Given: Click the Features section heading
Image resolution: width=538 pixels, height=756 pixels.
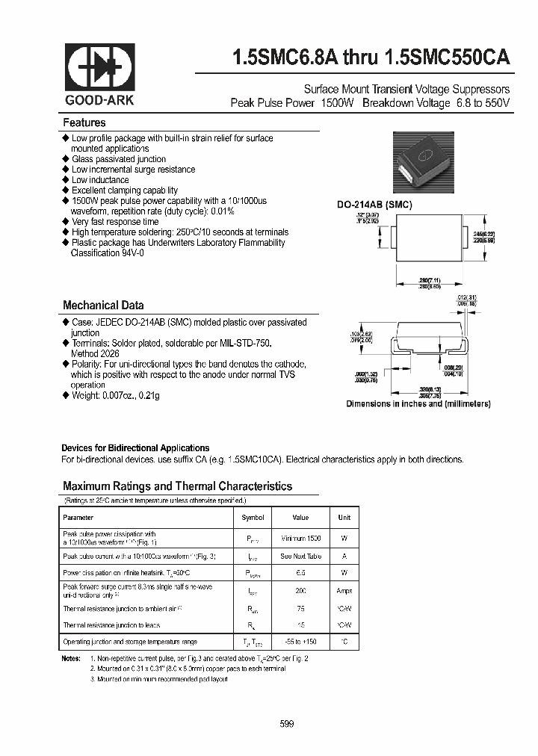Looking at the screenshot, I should tap(84, 123).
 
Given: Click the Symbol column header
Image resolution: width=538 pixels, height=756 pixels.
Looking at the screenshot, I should tap(253, 517).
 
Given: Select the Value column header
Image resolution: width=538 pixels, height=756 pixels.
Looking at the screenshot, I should tap(300, 517).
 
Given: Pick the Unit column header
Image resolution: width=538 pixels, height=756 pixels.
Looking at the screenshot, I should tap(344, 517).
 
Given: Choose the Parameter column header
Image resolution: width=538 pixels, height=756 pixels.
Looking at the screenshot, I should tap(78, 517).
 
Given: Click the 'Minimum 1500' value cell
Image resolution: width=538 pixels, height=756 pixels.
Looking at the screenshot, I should tap(300, 538).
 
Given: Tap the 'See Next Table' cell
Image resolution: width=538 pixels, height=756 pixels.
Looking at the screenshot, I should tap(300, 557).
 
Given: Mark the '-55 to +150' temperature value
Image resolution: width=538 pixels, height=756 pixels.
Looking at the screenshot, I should tap(300, 642).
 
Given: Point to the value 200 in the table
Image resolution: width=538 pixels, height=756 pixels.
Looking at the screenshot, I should tap(300, 591).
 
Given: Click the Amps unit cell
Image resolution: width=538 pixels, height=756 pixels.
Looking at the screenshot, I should tap(344, 591).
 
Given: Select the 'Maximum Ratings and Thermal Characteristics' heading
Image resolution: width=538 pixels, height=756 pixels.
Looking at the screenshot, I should tap(177, 486).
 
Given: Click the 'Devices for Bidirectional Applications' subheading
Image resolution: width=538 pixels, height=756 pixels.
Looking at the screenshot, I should tap(135, 448).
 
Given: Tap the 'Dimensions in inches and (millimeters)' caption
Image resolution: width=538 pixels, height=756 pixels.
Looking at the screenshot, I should tap(418, 403).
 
